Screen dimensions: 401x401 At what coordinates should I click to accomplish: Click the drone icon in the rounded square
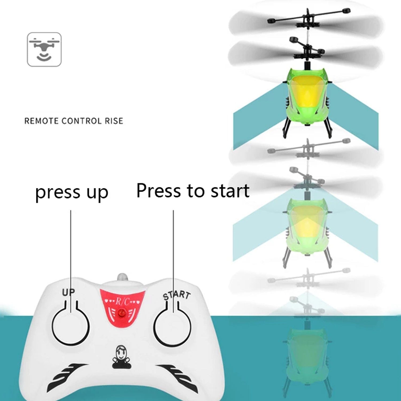[x=44, y=49]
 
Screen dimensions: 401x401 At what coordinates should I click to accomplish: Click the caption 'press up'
[x=72, y=192]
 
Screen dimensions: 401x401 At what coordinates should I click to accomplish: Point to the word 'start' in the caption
[x=230, y=191]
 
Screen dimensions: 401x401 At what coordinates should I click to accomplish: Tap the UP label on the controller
[x=68, y=292]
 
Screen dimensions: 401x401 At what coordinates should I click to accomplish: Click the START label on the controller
[x=177, y=295]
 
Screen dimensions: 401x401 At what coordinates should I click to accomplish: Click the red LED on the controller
[x=122, y=312]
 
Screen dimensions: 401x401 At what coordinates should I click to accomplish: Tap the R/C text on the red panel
[x=122, y=302]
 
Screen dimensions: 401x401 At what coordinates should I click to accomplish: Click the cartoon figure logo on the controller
[x=122, y=357]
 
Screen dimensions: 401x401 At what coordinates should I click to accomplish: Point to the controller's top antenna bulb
[x=122, y=277]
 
